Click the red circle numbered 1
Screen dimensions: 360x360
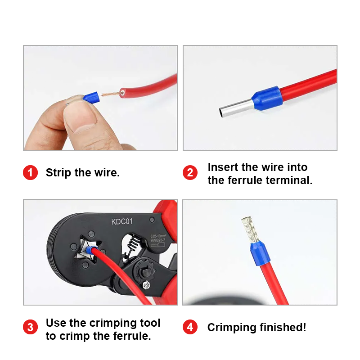30,172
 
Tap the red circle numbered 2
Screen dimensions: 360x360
190,172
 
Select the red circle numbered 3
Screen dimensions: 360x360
30,327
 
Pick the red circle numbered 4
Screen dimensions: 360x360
190,327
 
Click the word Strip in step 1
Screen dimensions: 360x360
58,173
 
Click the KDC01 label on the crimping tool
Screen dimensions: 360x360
122,221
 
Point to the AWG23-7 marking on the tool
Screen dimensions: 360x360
158,240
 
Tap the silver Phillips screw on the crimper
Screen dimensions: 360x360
146,285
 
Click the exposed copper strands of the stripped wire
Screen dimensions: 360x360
111,94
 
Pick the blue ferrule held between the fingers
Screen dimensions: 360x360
91,97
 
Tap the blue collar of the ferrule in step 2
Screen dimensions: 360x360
267,98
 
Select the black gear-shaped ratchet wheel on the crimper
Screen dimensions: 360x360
144,272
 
